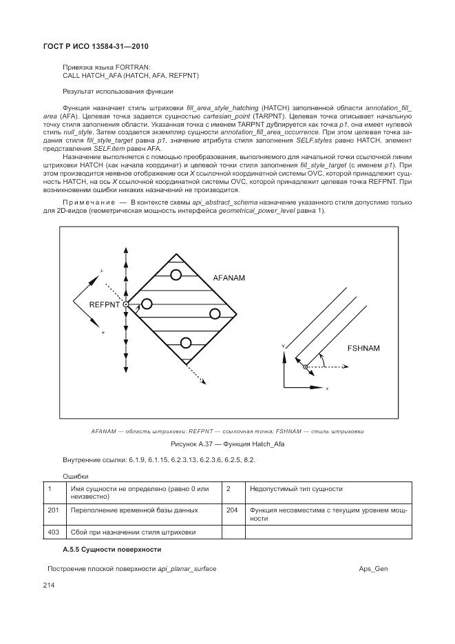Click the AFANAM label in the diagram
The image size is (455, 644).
(229, 278)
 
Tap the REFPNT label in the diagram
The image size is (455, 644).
(105, 303)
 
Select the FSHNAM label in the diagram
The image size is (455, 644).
(363, 349)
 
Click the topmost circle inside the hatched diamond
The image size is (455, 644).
(176, 275)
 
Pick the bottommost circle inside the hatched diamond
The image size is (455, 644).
(184, 343)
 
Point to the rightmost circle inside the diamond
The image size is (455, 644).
(215, 314)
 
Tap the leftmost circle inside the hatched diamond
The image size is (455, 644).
(147, 302)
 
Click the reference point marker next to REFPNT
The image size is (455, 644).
(126, 304)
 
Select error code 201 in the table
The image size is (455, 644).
(53, 510)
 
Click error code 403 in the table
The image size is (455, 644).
(53, 532)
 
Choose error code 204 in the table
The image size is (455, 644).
(231, 510)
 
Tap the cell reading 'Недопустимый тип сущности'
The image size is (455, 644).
(297, 488)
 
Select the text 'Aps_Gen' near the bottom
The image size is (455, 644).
(373, 569)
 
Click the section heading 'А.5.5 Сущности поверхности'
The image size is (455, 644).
(112, 549)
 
